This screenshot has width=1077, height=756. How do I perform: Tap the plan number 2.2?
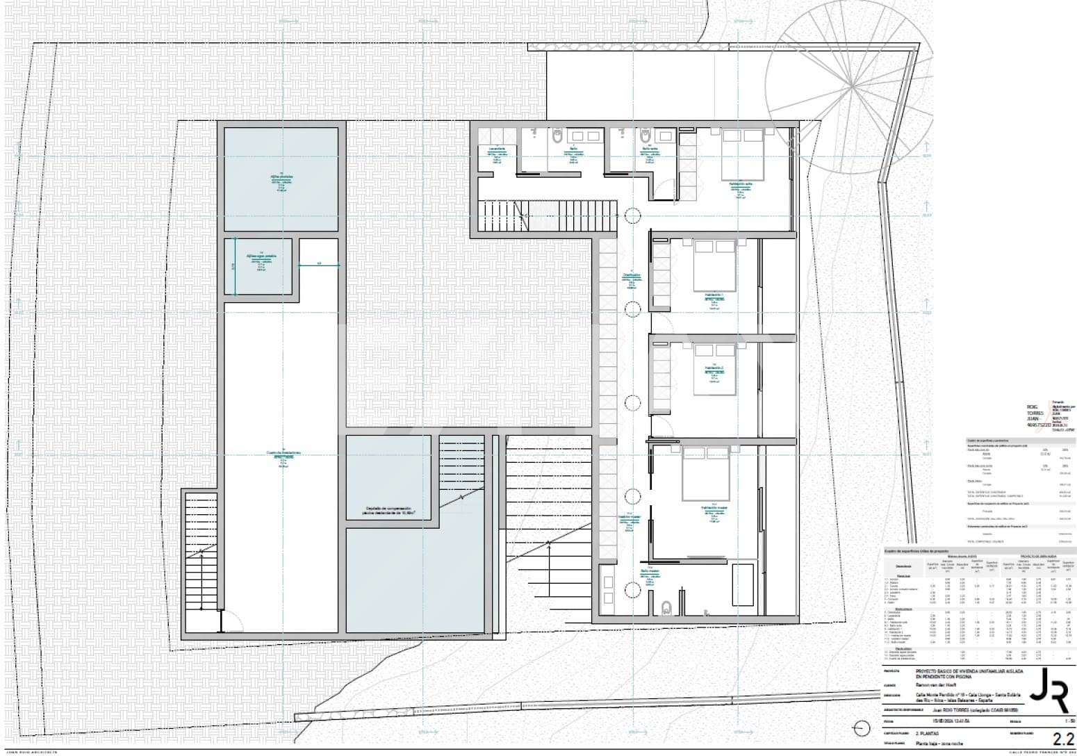[1058, 739]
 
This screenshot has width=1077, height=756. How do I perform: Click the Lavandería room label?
[497, 149]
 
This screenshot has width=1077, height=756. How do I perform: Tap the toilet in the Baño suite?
[646, 136]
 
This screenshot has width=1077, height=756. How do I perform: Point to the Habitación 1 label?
[714, 295]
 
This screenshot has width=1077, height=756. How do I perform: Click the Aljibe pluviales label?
[281, 176]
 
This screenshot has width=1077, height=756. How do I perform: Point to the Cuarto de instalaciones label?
[283, 453]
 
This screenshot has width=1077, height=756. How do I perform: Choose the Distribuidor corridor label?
[631, 275]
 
